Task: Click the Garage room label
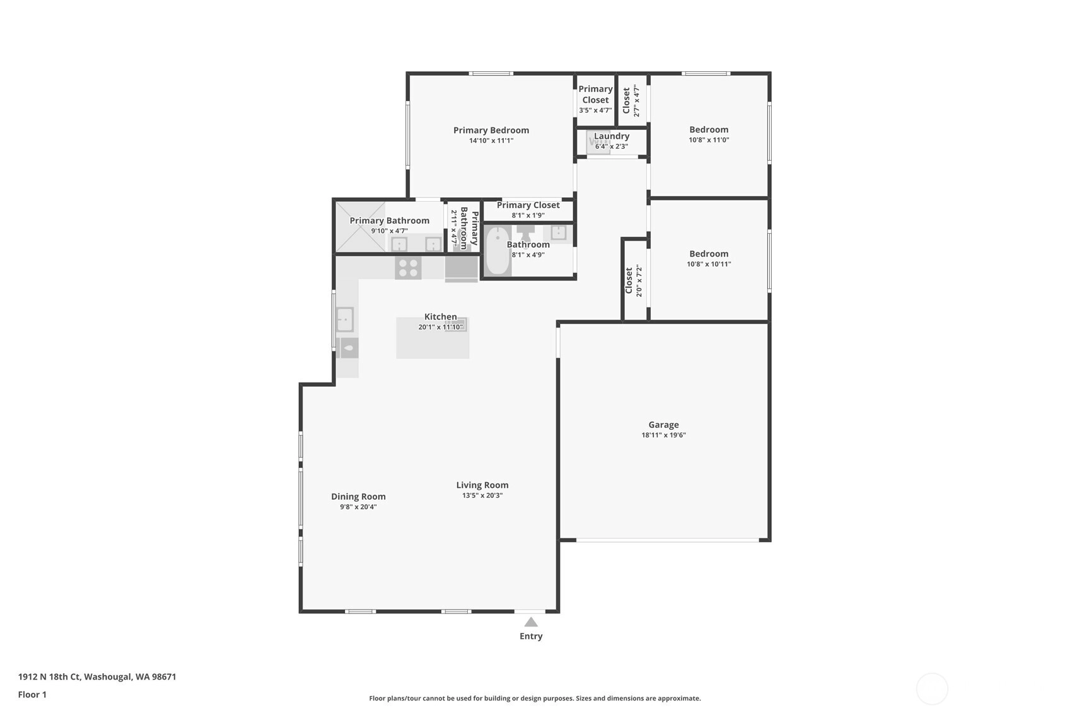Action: point(663,424)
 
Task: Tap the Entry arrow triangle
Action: point(531,622)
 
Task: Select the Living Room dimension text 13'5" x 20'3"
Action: point(482,496)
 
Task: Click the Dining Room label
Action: point(358,497)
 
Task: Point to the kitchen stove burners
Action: point(408,268)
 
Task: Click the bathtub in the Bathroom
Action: point(497,251)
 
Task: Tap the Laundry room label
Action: point(612,136)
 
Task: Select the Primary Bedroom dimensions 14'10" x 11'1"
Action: point(491,141)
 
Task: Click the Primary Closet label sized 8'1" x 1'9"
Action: point(528,205)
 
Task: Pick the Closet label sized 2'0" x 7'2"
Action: point(629,281)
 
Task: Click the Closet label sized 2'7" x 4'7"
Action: point(626,100)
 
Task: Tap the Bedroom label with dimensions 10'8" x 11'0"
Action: point(709,129)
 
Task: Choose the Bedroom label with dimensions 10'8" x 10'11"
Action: point(709,253)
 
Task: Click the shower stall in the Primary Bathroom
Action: point(360,227)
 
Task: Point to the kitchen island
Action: point(433,338)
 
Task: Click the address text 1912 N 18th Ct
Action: point(49,676)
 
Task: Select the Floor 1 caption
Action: point(33,695)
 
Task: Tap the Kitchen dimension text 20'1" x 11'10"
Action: point(440,327)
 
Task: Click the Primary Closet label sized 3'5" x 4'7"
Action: point(595,95)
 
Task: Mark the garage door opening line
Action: point(668,540)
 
